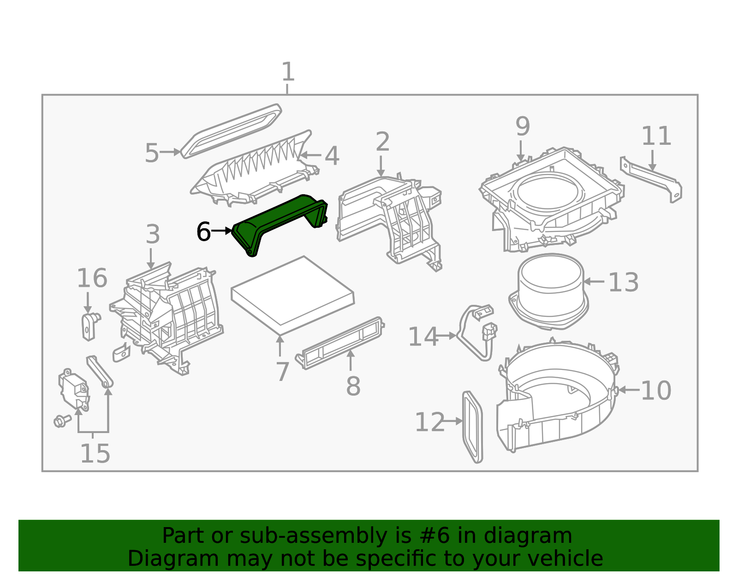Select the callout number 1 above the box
[288, 72]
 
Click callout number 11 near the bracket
[656, 136]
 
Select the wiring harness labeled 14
[475, 332]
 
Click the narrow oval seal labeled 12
[472, 427]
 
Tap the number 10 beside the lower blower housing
[655, 391]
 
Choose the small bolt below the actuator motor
[61, 421]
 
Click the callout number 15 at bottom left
[95, 454]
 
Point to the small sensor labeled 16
[89, 325]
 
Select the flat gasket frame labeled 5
[231, 131]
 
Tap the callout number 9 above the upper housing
[522, 126]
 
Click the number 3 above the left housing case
[153, 235]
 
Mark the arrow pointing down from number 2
[381, 166]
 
